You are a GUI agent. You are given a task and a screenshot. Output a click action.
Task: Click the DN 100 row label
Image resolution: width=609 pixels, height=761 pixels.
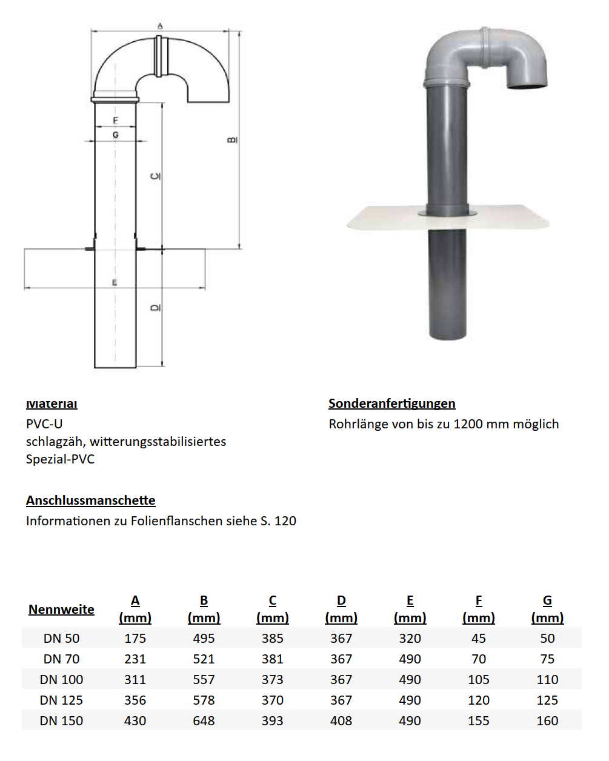coord(61,680)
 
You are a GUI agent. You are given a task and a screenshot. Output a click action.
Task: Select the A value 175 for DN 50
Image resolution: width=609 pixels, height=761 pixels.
coord(135,639)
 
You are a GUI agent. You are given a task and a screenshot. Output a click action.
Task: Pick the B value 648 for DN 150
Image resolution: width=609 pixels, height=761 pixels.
coord(204,721)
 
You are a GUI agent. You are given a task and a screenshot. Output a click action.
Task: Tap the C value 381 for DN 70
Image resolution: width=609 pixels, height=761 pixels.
coord(272,659)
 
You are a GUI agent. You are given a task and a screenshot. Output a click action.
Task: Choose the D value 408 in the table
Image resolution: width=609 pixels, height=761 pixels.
coord(341,721)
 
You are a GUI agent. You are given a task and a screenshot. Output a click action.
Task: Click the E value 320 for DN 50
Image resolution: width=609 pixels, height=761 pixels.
coord(410,639)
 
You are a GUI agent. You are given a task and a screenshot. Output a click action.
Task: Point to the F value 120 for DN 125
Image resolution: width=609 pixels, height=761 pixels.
coord(478,700)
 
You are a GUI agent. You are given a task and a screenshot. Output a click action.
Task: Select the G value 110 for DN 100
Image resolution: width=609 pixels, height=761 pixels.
coord(547,680)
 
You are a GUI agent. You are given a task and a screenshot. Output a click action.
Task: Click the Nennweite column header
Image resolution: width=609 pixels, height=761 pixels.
coord(61,610)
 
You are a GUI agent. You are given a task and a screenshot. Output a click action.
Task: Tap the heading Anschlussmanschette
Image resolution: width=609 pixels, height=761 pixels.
coord(90,500)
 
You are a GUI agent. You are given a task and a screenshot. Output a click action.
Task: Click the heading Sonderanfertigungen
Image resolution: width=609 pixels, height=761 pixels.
coord(391,404)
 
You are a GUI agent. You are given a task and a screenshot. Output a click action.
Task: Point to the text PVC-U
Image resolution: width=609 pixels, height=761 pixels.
coord(44,424)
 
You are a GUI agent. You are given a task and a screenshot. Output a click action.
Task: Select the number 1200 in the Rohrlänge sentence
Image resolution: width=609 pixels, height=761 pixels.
coord(468,424)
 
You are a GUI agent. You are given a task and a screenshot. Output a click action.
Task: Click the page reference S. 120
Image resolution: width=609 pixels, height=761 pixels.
coord(278,521)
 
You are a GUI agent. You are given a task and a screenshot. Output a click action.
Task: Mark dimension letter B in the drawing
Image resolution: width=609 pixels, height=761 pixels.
coord(233,140)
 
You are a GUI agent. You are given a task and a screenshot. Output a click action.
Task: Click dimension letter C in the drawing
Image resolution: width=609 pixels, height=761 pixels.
coord(156,176)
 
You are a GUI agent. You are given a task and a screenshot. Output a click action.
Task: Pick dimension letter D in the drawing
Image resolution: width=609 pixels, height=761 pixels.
coord(156,308)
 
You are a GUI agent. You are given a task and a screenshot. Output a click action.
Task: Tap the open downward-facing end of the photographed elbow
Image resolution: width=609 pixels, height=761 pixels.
coord(527,87)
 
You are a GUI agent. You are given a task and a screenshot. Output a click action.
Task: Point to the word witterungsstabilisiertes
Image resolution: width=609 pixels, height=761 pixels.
coord(158,442)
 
